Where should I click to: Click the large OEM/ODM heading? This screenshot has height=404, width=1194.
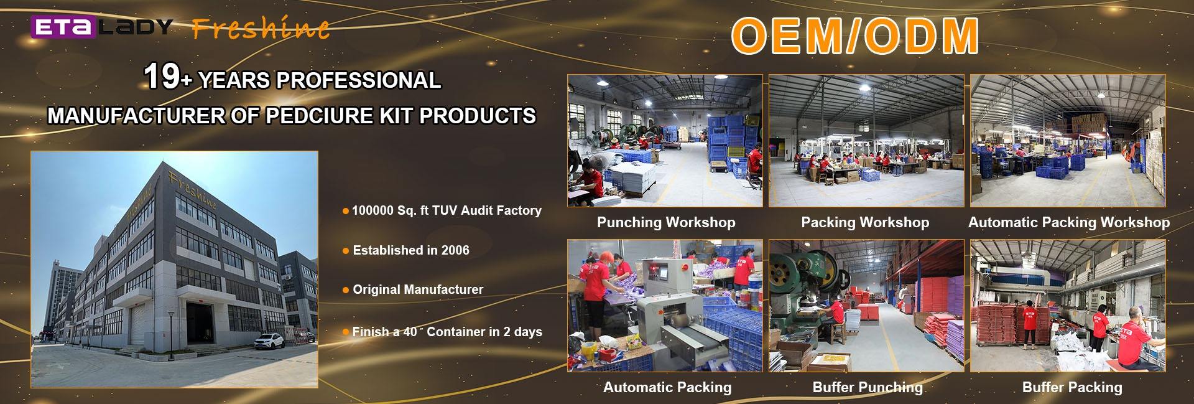point(855,35)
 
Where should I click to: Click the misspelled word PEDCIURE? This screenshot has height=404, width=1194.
point(319,116)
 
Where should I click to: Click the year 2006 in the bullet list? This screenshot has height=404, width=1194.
point(455,250)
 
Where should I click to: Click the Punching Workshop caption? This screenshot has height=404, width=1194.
point(666,222)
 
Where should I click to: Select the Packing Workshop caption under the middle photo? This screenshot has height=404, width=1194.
point(865,222)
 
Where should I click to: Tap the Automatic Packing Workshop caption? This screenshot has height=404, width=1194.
point(1069,222)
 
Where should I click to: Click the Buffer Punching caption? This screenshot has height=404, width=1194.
point(868,387)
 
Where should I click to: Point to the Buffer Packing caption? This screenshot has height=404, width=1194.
point(1072,387)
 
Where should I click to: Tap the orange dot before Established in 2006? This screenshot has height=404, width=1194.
point(346,251)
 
